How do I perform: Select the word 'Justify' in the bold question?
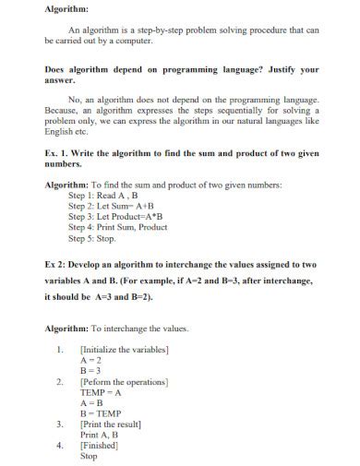tap(266, 69)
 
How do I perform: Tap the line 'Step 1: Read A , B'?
tap(103, 196)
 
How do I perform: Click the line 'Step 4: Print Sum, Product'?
tap(118, 227)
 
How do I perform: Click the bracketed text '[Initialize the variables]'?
tap(125, 351)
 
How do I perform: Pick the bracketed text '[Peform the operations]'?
tap(124, 382)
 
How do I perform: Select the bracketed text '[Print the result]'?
tap(111, 424)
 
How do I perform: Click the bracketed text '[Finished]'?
tap(100, 445)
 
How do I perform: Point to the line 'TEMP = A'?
tap(101, 392)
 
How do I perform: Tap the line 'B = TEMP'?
tap(101, 413)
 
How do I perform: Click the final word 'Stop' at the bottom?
tap(89, 456)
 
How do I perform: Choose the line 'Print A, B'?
tap(100, 435)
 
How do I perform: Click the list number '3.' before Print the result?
tap(60, 424)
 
